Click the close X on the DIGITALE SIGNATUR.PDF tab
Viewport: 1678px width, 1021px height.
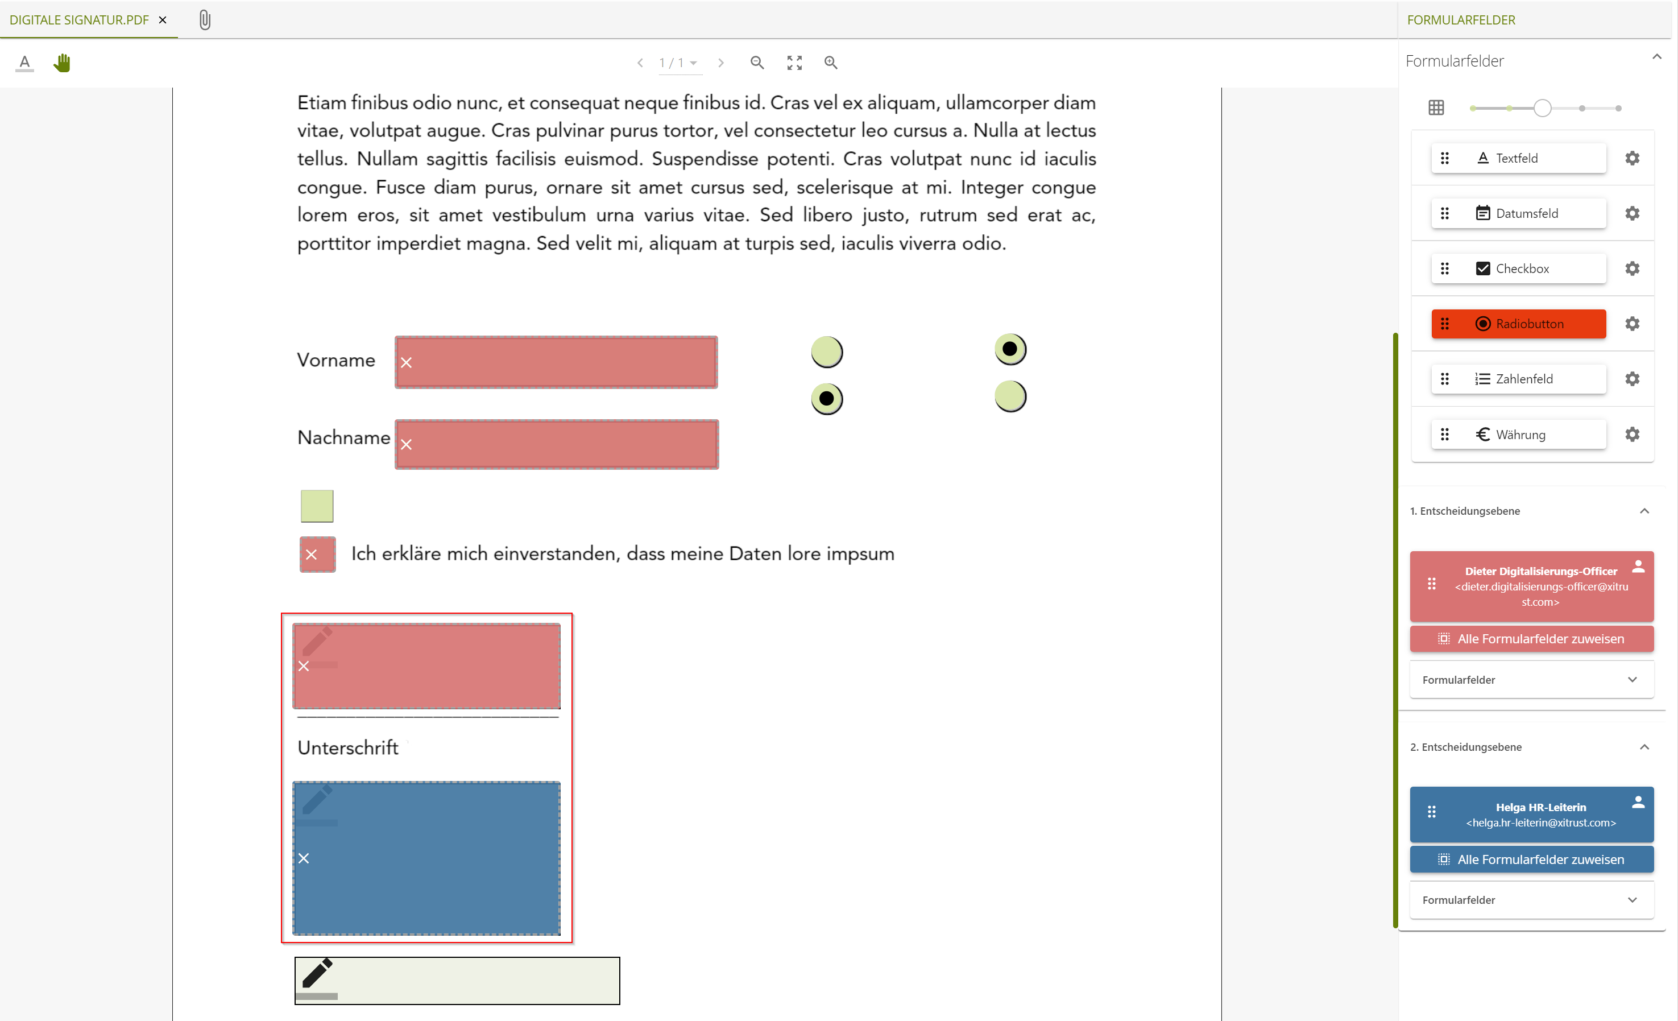(x=163, y=20)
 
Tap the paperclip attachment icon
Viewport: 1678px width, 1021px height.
(x=205, y=20)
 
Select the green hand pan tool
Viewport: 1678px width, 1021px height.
(x=62, y=63)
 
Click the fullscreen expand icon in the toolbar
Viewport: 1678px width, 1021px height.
(x=794, y=63)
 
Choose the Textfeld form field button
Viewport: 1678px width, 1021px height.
(x=1518, y=158)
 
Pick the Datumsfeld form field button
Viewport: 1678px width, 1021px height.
(x=1518, y=213)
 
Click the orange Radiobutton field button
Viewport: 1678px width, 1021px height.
(x=1518, y=324)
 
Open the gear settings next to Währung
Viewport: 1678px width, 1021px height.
(x=1632, y=434)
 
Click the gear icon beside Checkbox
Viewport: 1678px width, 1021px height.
(x=1632, y=268)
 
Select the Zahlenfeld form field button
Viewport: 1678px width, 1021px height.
(x=1518, y=379)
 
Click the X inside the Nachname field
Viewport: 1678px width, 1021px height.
(x=407, y=445)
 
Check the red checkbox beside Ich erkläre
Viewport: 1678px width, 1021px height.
(x=317, y=555)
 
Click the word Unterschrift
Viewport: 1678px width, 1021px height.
(x=348, y=748)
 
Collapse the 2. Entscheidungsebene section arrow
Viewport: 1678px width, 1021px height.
(x=1644, y=747)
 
